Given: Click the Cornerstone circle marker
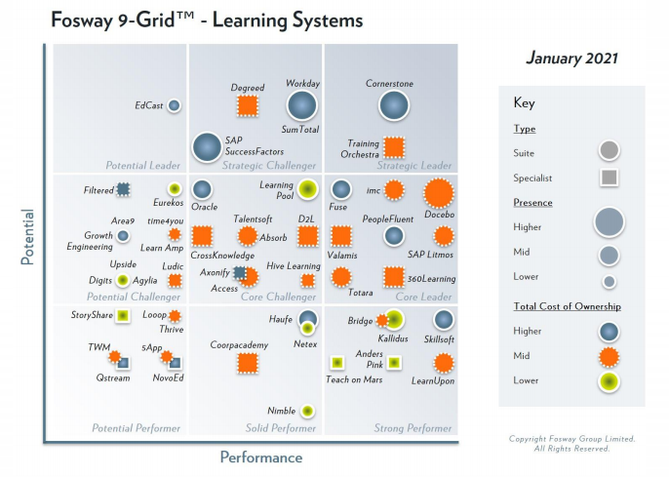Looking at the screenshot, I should [394, 105].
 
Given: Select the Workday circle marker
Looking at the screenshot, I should [302, 104].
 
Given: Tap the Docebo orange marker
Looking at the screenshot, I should [438, 193].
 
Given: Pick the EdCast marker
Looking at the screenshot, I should [174, 105].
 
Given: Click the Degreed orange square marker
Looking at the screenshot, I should [248, 106].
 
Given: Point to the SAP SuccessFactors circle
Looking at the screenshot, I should [206, 147].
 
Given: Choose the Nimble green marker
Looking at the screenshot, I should [307, 411].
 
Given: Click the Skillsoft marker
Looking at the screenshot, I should [443, 319].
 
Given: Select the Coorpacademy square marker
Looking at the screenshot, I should [248, 363].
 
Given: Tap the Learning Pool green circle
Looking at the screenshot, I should [307, 189].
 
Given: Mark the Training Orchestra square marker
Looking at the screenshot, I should [394, 147].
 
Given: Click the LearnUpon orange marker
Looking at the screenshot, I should [444, 363].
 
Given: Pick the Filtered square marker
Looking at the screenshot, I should [124, 189].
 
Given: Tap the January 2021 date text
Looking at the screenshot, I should [572, 58].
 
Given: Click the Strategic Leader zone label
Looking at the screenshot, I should [413, 166].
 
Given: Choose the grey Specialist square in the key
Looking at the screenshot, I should [609, 178].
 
